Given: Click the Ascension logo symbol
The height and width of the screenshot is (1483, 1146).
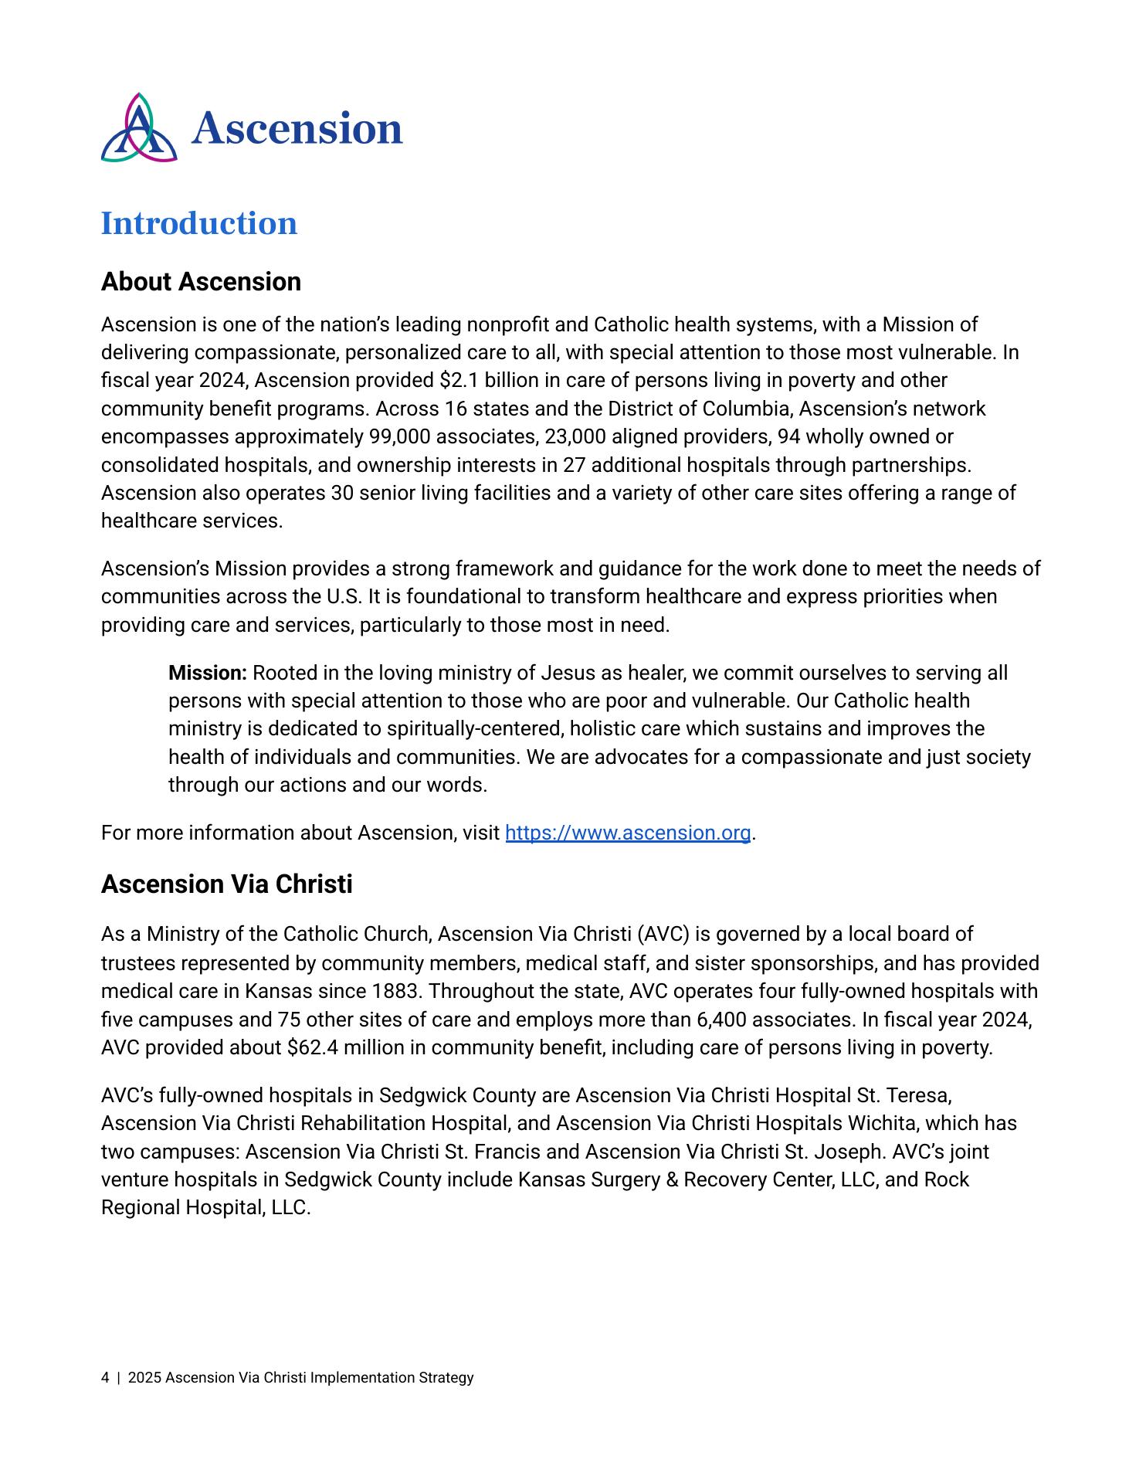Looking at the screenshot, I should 139,128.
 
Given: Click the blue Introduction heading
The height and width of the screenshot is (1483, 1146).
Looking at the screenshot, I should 199,224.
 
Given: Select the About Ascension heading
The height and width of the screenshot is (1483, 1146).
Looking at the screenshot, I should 201,282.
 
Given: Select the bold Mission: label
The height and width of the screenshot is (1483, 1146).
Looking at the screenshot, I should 208,673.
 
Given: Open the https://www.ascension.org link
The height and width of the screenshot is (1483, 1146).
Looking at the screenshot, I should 628,833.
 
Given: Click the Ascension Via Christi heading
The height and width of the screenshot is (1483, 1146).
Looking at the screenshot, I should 226,884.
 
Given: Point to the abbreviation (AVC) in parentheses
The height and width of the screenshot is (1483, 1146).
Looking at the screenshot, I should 663,935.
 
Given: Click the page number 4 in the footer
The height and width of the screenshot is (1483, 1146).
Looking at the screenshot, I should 105,1378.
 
